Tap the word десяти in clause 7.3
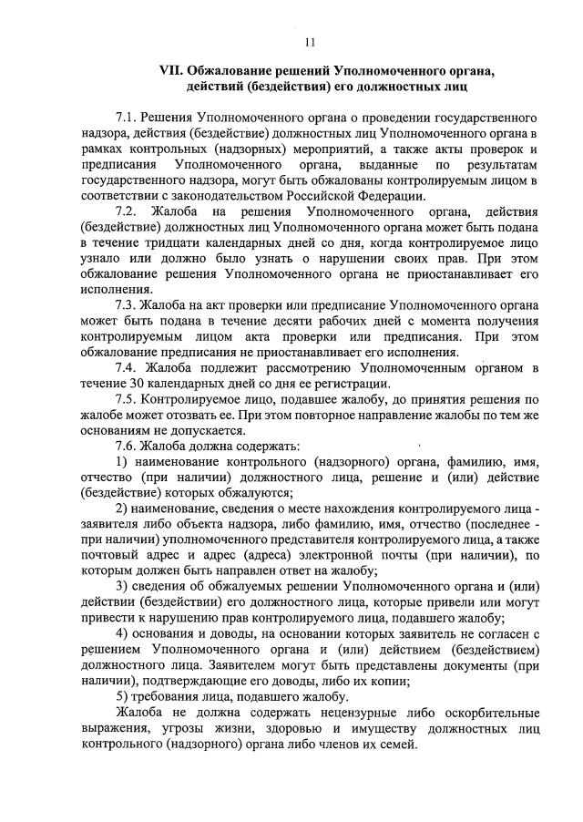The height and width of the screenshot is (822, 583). [270, 321]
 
